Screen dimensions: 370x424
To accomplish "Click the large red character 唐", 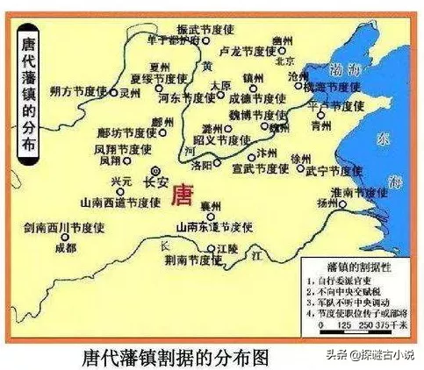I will pyautogui.click(x=183, y=196).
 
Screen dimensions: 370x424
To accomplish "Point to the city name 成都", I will pyautogui.click(x=67, y=248).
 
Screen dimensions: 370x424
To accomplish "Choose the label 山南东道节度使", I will pyautogui.click(x=215, y=226).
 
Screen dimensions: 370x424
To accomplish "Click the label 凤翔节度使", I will pyautogui.click(x=117, y=150).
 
